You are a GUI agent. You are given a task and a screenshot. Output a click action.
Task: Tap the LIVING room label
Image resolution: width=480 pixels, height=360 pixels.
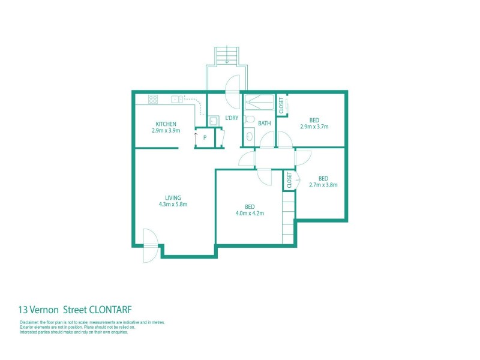click(x=173, y=197)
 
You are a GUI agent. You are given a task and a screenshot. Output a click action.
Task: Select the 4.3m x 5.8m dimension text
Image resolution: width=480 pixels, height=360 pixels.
click(x=173, y=204)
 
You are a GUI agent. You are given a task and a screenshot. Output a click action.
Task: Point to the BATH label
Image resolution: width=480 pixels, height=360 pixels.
click(x=265, y=124)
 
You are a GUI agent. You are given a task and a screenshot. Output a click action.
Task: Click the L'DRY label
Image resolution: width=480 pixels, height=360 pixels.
click(x=232, y=118)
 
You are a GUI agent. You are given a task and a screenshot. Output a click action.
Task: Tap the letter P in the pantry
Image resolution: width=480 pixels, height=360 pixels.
click(x=205, y=137)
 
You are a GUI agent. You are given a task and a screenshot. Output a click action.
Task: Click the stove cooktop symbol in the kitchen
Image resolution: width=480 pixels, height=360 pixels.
click(x=153, y=99)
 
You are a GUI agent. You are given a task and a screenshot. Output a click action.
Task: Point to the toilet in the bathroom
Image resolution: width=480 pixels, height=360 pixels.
click(x=253, y=119)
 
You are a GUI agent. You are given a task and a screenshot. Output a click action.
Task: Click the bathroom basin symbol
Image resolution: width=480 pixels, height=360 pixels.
click(x=249, y=138)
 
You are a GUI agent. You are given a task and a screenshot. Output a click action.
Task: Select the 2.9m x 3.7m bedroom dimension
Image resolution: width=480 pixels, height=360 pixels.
click(x=314, y=127)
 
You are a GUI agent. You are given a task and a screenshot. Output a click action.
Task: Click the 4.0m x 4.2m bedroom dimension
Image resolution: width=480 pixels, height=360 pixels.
click(x=250, y=213)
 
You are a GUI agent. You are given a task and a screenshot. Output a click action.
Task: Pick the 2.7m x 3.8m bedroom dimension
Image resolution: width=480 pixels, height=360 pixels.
click(x=323, y=185)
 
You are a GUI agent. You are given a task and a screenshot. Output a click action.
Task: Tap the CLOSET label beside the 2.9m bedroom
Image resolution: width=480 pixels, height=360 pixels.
click(x=281, y=105)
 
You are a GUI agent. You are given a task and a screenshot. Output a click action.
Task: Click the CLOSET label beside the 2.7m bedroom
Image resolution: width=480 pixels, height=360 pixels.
click(x=289, y=180)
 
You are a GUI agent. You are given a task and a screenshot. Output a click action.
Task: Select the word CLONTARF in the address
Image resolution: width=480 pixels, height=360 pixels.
click(x=112, y=310)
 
